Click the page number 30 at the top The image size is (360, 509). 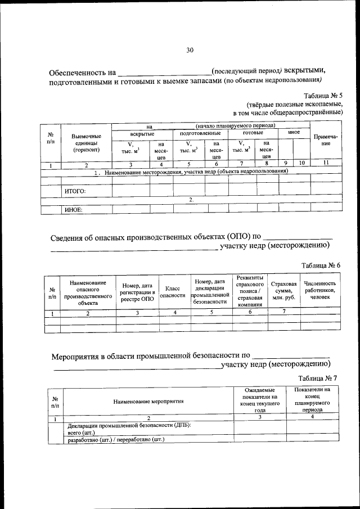pyautogui.click(x=190, y=50)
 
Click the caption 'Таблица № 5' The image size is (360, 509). pyautogui.click(x=322, y=96)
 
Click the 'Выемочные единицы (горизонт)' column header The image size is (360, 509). pyautogui.click(x=86, y=143)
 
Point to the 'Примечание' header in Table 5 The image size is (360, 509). pyautogui.click(x=326, y=140)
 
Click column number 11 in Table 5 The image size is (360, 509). pyautogui.click(x=326, y=165)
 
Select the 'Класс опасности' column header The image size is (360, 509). pyautogui.click(x=173, y=291)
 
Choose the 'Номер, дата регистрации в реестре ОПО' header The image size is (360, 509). pyautogui.click(x=137, y=291)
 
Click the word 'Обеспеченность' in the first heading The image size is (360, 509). pyautogui.click(x=82, y=73)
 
